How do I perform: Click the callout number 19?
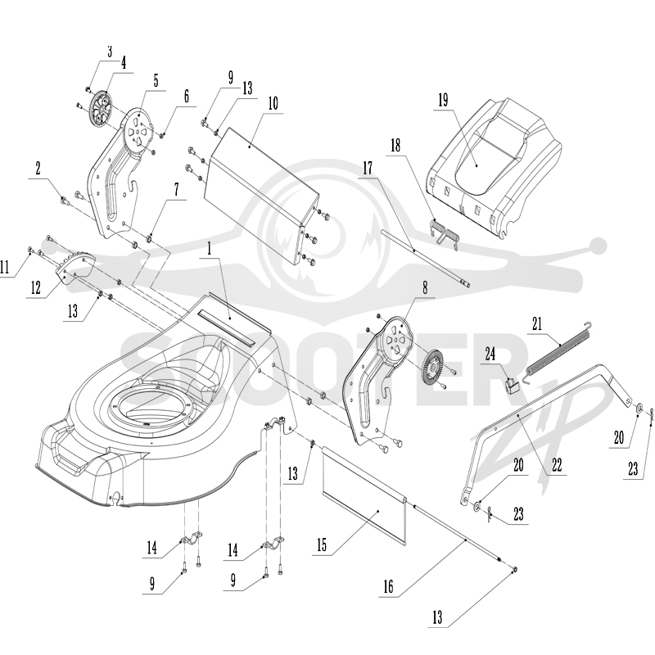443,100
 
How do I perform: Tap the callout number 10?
273,103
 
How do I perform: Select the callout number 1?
210,249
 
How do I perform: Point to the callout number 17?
368,168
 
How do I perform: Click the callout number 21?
537,323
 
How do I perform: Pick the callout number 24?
490,354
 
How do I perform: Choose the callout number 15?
322,545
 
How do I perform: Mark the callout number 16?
388,587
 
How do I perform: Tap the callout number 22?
557,465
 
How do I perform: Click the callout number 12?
35,288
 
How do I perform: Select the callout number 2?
38,169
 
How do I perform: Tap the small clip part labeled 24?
513,384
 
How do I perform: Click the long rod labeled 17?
426,258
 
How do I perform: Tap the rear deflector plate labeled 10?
262,196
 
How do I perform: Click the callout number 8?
425,288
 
